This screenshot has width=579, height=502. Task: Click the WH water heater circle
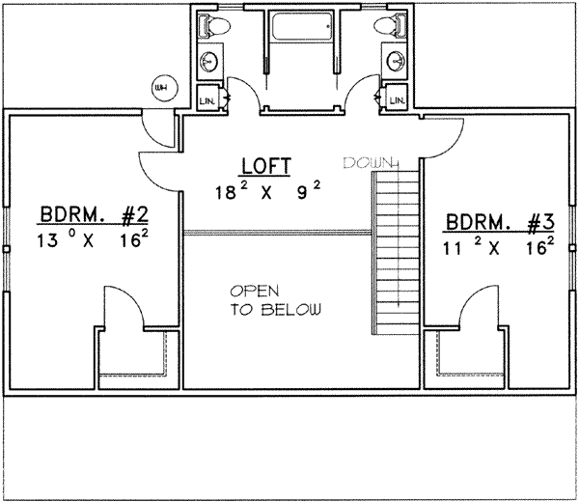(x=160, y=89)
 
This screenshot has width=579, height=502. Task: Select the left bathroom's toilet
(x=213, y=26)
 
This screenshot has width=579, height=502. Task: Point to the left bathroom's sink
(x=209, y=62)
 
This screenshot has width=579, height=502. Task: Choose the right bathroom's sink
(x=396, y=62)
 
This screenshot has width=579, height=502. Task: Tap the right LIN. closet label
(x=396, y=98)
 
